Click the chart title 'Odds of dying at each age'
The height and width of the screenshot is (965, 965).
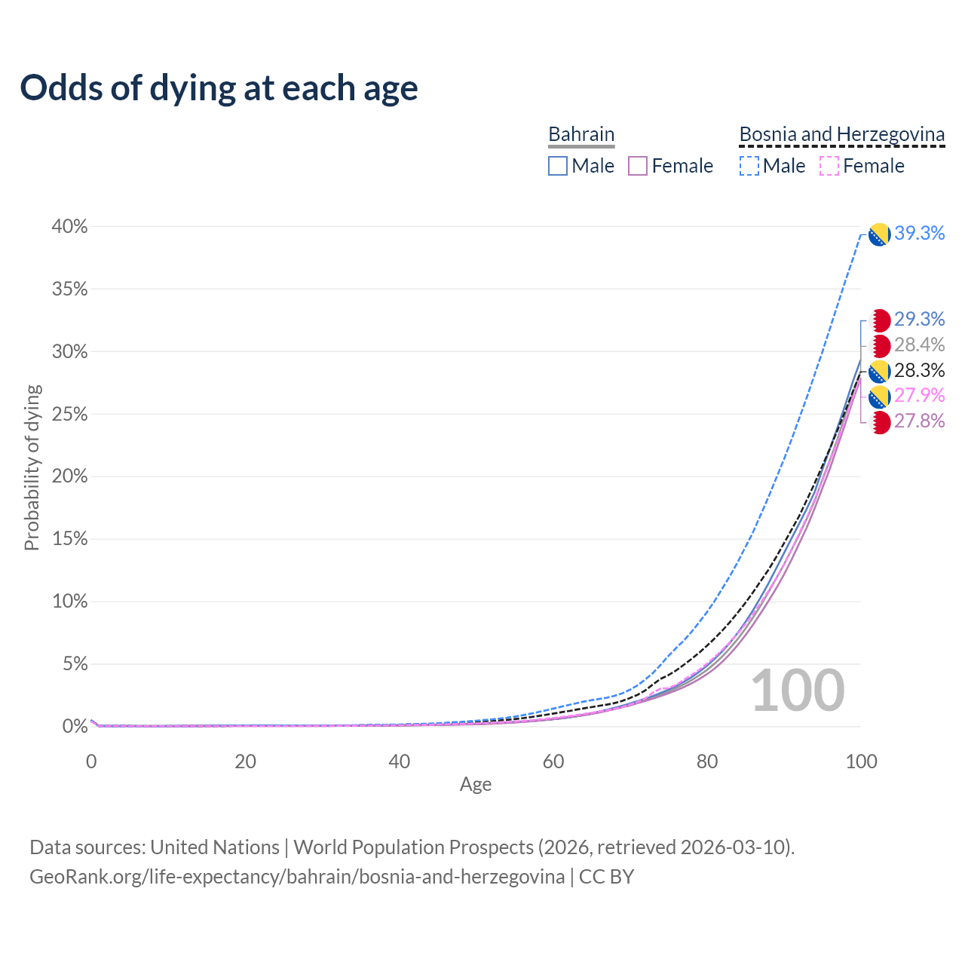coord(219,88)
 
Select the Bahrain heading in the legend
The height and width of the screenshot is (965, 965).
coord(581,134)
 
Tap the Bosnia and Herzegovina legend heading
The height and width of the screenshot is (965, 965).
coord(841,134)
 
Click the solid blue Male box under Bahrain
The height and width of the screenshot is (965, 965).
coord(558,166)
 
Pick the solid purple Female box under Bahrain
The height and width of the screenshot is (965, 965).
coord(638,166)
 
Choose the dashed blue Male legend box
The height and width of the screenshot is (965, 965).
coord(749,166)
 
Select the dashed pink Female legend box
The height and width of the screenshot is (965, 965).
coord(829,166)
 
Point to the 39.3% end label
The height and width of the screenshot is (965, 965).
coord(919,234)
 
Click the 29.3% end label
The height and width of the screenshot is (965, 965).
coord(919,320)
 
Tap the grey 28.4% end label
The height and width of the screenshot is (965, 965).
coord(919,345)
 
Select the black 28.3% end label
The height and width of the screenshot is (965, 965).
coord(919,371)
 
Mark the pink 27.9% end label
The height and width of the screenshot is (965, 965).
coord(919,396)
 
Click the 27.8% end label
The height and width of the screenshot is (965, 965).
coord(919,421)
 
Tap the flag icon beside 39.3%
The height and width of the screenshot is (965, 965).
coord(879,234)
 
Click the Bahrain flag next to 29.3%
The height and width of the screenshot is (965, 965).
coord(879,320)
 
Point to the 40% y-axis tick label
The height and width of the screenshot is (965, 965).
coord(69,227)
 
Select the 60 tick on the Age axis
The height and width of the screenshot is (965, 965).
coord(553,761)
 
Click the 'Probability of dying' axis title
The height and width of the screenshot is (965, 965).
coord(32,467)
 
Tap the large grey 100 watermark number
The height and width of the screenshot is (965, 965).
coord(798,691)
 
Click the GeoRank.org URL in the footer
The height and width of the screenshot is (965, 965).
coord(297,877)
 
